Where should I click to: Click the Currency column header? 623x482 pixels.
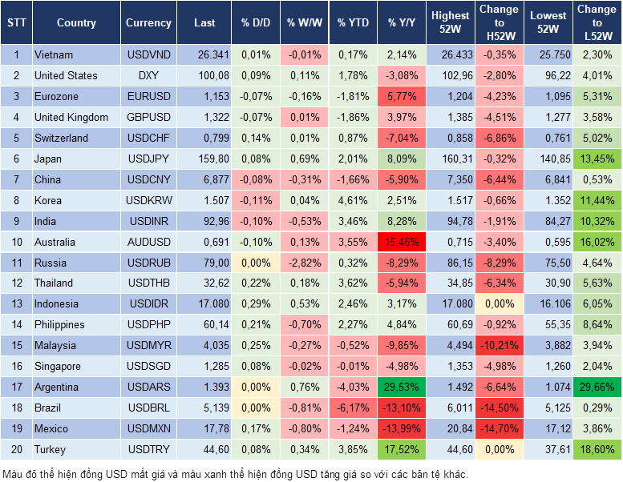148,23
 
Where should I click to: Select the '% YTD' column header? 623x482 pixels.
353,23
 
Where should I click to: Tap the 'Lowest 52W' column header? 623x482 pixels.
549,22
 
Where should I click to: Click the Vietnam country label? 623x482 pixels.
54,54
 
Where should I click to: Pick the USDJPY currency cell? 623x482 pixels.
148,159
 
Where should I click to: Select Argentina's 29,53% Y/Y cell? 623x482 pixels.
403,387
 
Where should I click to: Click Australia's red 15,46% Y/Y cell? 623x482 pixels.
403,242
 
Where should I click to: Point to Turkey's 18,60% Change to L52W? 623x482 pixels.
598,449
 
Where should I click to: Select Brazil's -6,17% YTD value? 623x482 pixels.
353,408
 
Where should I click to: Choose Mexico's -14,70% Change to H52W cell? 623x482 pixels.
499,428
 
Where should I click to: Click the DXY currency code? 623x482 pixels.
148,75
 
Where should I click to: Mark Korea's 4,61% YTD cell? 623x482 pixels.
353,200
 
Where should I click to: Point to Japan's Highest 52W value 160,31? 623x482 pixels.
451,159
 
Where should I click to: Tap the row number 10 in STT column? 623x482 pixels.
16,242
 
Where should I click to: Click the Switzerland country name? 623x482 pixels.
62,138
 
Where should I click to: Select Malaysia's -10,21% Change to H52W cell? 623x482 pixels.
499,345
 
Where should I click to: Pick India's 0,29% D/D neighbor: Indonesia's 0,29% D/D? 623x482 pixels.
255,304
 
